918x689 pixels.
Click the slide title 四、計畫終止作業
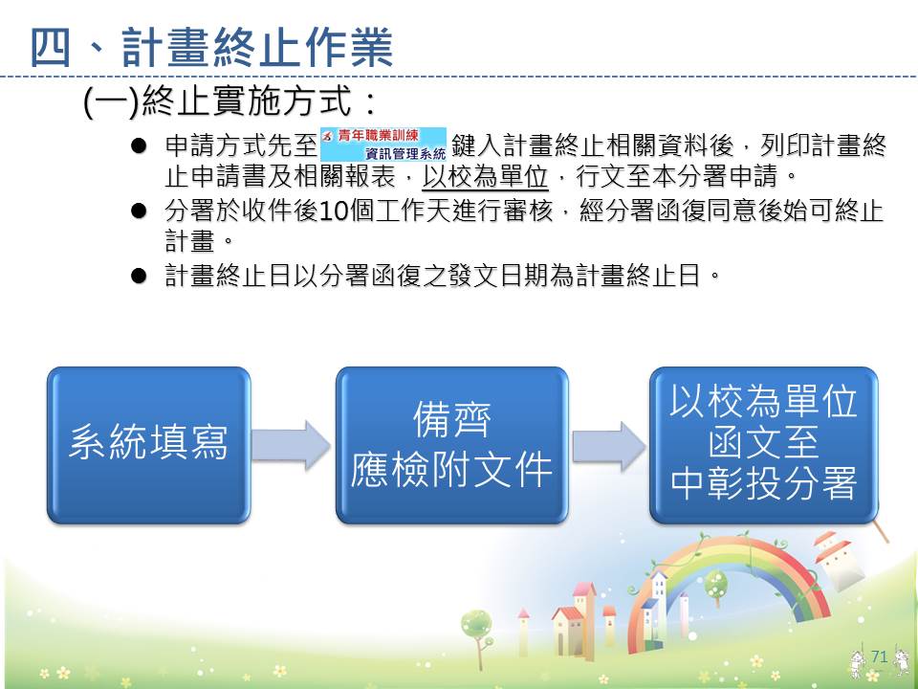(211, 48)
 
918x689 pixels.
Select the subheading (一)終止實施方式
(229, 100)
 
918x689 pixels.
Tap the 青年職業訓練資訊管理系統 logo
(383, 144)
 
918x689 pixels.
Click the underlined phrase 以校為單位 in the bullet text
(486, 177)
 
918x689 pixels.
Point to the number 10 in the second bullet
(335, 211)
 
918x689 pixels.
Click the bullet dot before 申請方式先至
(139, 145)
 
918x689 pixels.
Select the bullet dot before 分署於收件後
(139, 211)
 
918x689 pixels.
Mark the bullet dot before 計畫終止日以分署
(139, 276)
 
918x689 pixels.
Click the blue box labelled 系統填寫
(149, 445)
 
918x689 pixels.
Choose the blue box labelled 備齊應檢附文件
(452, 445)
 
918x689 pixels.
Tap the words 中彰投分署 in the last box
(763, 484)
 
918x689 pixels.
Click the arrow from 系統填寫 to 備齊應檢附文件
(292, 445)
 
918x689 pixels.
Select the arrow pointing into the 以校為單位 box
(609, 445)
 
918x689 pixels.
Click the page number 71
(880, 656)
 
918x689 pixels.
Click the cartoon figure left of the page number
(859, 662)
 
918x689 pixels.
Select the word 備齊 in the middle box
(452, 419)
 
